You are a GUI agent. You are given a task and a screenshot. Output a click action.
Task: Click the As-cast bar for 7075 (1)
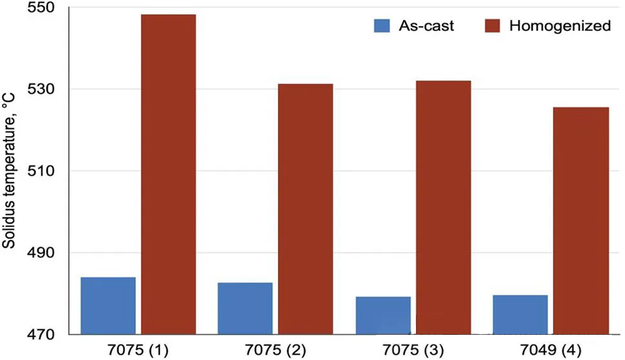(108, 306)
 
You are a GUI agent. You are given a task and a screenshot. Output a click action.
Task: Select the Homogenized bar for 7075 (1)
(168, 174)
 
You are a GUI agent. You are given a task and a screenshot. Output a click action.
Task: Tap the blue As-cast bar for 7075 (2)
(245, 308)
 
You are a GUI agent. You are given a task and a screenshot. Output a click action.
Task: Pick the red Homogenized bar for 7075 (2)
(306, 209)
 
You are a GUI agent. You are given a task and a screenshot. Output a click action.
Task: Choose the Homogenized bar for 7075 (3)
(443, 207)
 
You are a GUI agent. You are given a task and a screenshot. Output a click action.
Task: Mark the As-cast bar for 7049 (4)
(521, 315)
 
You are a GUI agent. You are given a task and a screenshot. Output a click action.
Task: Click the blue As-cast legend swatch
(382, 26)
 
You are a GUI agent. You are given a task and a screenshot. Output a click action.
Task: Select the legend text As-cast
(427, 26)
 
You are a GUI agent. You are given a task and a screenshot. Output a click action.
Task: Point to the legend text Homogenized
(559, 26)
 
